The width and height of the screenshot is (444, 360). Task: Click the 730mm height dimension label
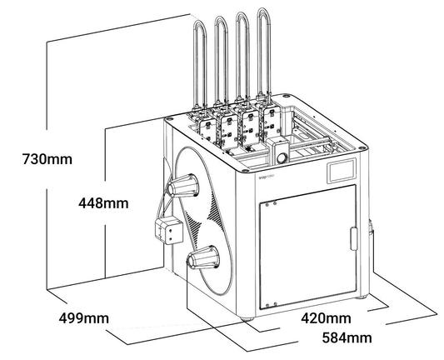tap(47, 159)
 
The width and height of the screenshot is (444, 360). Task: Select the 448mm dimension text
tap(103, 203)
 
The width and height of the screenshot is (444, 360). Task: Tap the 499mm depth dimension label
tap(84, 318)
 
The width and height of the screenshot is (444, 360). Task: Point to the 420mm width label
tap(326, 317)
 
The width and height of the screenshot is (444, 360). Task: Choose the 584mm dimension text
tap(347, 337)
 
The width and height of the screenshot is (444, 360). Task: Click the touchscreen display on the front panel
tap(342, 171)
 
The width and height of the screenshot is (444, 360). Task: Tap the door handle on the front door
tap(354, 239)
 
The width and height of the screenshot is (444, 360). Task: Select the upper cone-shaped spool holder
tap(182, 186)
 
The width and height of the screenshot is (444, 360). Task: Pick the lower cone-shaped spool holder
tap(203, 257)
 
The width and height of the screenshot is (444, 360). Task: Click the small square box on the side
tap(169, 231)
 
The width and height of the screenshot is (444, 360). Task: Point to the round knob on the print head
tap(282, 157)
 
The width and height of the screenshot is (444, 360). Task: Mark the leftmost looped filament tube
tap(200, 63)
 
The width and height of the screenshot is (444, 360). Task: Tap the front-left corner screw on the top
tap(245, 171)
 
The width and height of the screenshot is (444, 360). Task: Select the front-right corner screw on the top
tap(362, 147)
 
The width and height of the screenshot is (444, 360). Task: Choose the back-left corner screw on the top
tap(170, 119)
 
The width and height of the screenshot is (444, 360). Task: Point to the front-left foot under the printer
tap(247, 318)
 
